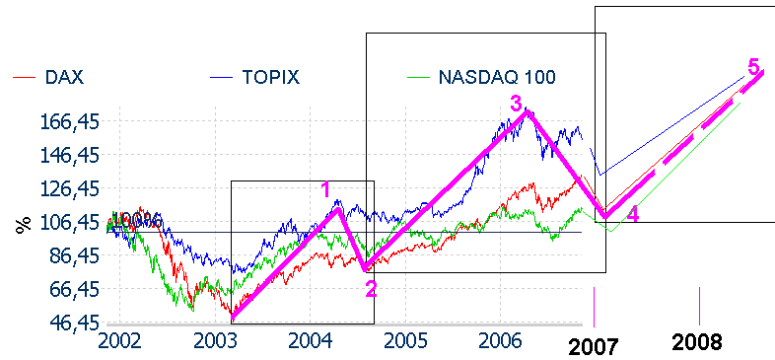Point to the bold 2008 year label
point(697,342)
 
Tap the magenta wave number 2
point(371,288)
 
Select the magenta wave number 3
point(516,103)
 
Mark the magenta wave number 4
point(633,215)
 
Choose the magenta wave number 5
point(753,67)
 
